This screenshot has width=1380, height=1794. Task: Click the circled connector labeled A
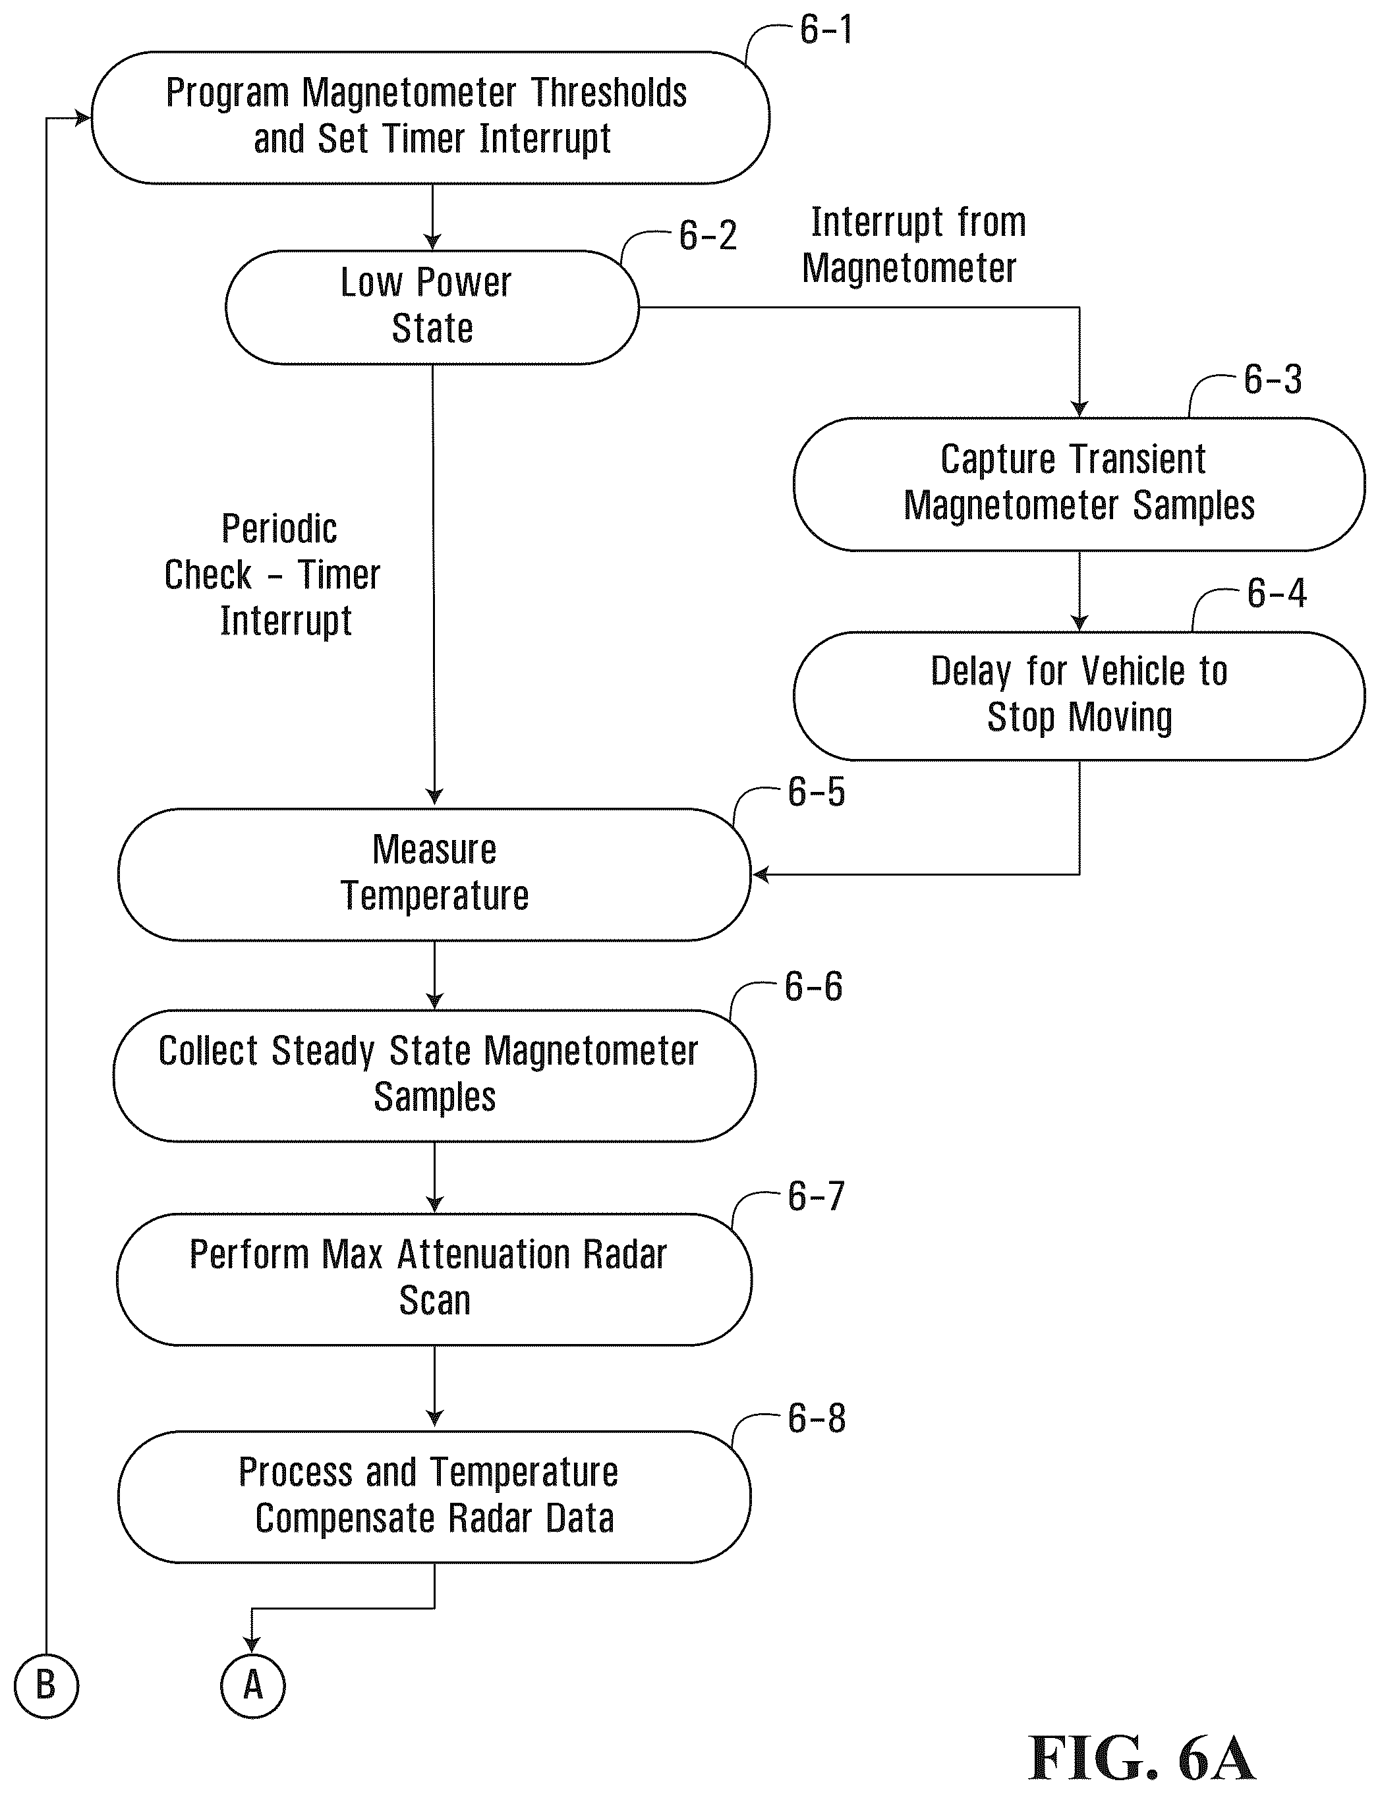pyautogui.click(x=253, y=1685)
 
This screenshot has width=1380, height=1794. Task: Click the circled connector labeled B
pyautogui.click(x=46, y=1685)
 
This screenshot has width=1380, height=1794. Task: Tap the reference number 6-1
pyautogui.click(x=826, y=30)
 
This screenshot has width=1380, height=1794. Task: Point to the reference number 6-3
pyautogui.click(x=1273, y=379)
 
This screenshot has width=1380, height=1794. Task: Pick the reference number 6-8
pyautogui.click(x=816, y=1418)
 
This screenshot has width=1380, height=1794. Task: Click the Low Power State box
pyautogui.click(x=432, y=307)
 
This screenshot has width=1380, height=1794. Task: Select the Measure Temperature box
pyautogui.click(x=434, y=874)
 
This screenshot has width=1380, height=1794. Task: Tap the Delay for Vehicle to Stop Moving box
pyautogui.click(x=1079, y=696)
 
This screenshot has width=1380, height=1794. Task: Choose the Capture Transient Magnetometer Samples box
pyautogui.click(x=1079, y=484)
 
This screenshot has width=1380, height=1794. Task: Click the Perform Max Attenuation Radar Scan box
pyautogui.click(x=434, y=1278)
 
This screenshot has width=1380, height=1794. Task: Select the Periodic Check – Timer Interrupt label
pyautogui.click(x=273, y=575)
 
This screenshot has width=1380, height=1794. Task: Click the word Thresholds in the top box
pyautogui.click(x=609, y=93)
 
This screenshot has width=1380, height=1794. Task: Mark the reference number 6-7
pyautogui.click(x=816, y=1196)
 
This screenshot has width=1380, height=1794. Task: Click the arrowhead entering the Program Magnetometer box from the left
pyautogui.click(x=83, y=118)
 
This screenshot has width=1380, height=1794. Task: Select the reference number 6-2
pyautogui.click(x=707, y=236)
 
